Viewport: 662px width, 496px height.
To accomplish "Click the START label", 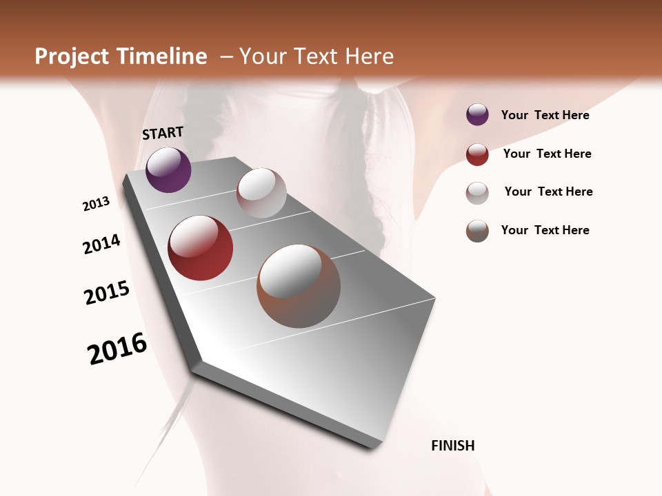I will pos(163,132).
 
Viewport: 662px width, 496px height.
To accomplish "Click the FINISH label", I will pos(452,446).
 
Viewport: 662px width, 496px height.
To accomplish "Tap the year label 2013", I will pos(96,204).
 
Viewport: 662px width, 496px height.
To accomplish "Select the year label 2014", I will pos(101,245).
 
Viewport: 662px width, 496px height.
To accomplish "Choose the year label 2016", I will pos(117,349).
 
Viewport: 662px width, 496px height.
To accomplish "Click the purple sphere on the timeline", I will pos(168,169).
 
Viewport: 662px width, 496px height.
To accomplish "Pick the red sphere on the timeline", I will pos(201,248).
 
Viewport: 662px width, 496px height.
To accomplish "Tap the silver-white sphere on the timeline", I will pos(261,193).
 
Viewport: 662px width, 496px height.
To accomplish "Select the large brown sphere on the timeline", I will pos(299,286).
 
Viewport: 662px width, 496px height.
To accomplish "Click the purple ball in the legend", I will pos(477,115).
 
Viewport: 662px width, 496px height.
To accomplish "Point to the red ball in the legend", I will pos(477,154).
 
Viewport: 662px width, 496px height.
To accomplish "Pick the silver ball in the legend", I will pos(477,193).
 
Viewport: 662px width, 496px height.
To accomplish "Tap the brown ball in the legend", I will pos(477,231).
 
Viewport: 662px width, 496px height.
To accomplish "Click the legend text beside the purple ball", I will pos(545,115).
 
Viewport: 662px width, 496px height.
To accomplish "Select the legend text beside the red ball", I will pos(547,154).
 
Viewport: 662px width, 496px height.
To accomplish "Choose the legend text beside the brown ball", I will pos(545,230).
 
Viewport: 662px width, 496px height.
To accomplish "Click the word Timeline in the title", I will pos(162,56).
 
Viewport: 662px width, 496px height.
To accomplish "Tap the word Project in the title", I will pos(72,56).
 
